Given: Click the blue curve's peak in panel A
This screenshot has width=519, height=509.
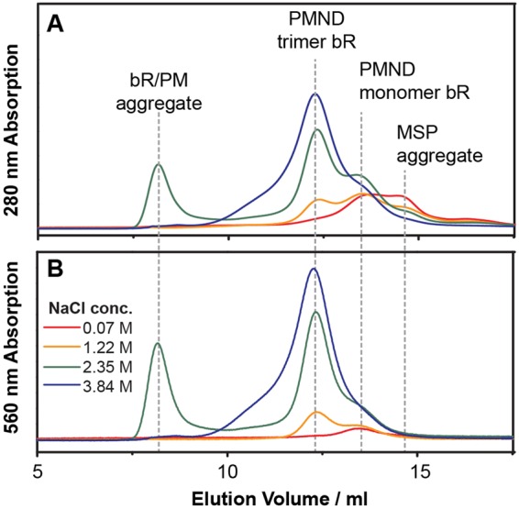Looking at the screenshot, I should [x=315, y=94].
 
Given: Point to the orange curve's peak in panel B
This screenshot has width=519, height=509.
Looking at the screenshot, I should [x=316, y=413].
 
